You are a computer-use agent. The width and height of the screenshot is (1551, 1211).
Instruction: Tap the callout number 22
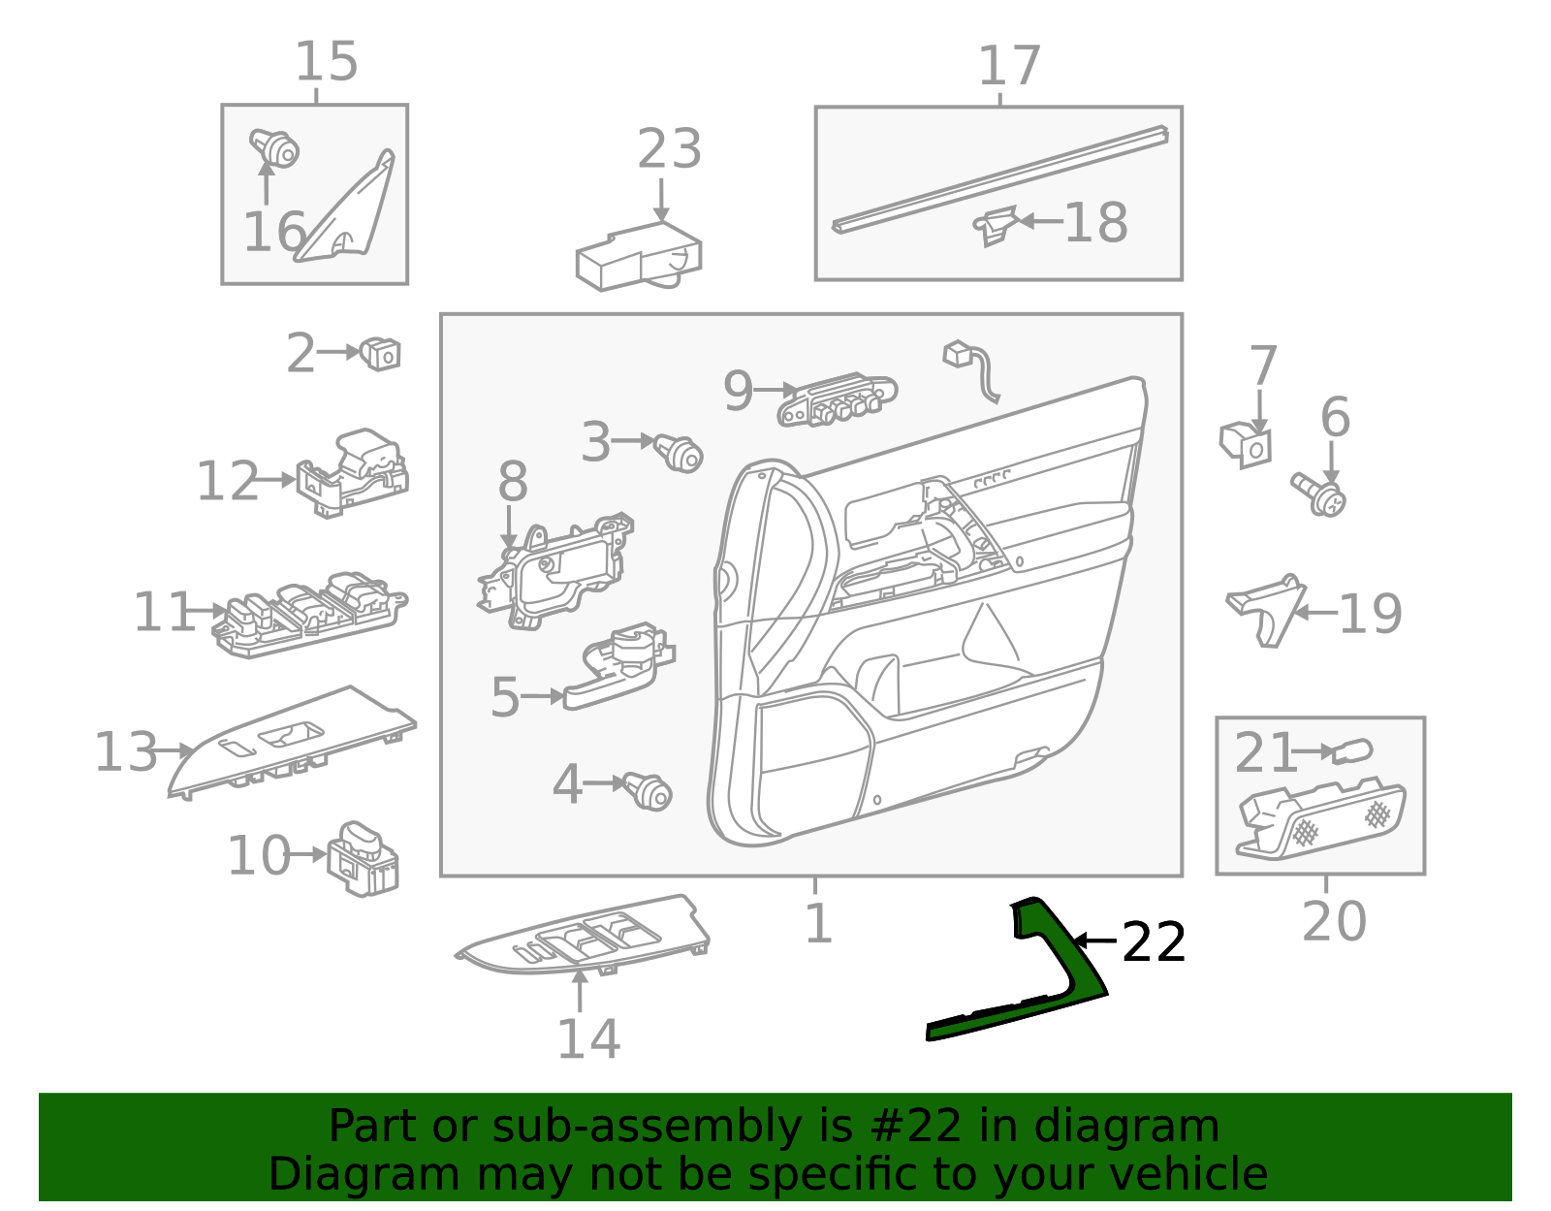click(x=1153, y=942)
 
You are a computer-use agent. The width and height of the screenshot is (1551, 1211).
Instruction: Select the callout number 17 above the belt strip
click(x=1009, y=66)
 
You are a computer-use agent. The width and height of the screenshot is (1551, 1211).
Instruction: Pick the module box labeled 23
click(x=638, y=258)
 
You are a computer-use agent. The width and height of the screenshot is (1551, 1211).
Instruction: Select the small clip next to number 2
click(x=381, y=353)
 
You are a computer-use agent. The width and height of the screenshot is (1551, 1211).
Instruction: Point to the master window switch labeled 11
click(x=308, y=613)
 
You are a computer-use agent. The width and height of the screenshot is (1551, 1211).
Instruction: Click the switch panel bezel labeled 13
click(x=291, y=743)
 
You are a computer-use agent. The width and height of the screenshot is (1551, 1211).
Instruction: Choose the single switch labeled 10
click(x=364, y=858)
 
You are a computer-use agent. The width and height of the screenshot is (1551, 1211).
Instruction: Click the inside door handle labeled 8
click(x=556, y=572)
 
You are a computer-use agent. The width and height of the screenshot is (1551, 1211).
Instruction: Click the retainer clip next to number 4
click(x=649, y=791)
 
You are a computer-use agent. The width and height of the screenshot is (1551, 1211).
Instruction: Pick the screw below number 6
click(x=1319, y=494)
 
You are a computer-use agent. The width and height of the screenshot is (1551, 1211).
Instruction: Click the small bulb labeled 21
click(x=1351, y=750)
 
